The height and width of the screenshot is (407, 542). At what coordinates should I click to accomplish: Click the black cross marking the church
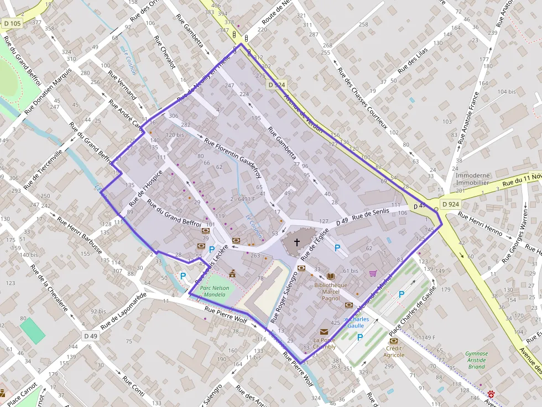pyautogui.click(x=296, y=242)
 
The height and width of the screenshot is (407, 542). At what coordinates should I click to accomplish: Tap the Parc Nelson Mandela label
pyautogui.click(x=214, y=291)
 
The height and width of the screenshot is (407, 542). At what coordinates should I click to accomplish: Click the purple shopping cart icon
pyautogui.click(x=373, y=273)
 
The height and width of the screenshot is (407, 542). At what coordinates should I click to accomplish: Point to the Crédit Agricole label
pyautogui.click(x=395, y=352)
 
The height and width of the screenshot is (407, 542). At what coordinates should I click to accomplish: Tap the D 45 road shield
pyautogui.click(x=419, y=207)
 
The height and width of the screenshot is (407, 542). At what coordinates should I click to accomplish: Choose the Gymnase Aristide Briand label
pyautogui.click(x=476, y=360)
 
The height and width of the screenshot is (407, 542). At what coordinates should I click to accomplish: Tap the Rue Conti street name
pyautogui.click(x=134, y=387)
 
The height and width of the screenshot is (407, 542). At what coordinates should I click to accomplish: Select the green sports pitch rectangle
pyautogui.click(x=32, y=330)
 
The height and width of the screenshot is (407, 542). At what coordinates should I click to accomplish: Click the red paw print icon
pyautogui.click(x=491, y=395)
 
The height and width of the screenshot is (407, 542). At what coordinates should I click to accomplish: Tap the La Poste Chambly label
pyautogui.click(x=324, y=343)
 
